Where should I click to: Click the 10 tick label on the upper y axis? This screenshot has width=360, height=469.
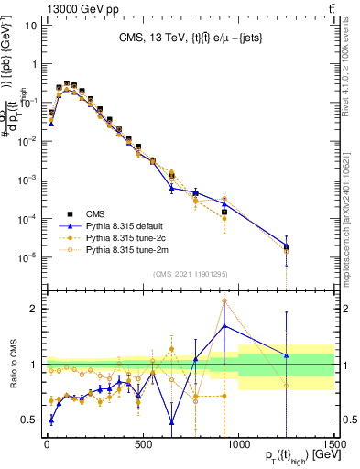tap(28, 25)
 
